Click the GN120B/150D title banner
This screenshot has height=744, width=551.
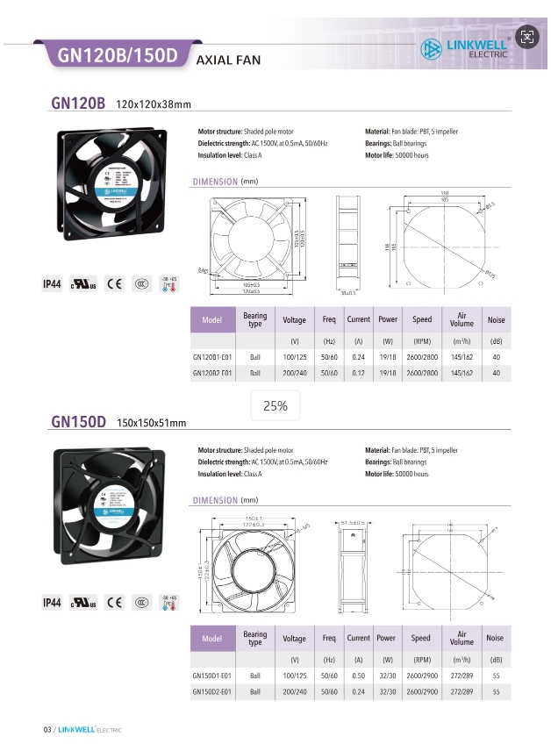(118, 56)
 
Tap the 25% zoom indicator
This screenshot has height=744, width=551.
(275, 406)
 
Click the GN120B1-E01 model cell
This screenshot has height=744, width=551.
(211, 357)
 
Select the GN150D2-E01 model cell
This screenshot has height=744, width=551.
(211, 692)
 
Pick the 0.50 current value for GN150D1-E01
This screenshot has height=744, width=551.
(358, 676)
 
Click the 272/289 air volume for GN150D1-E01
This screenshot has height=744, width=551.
(462, 676)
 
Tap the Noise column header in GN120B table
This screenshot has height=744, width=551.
(496, 320)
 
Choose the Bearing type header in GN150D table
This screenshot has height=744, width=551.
(255, 639)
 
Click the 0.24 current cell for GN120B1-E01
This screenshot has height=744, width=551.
(358, 357)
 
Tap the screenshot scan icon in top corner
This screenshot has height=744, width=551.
(526, 36)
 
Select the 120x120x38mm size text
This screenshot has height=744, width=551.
(154, 106)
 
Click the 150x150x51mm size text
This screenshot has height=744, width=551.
(152, 425)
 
